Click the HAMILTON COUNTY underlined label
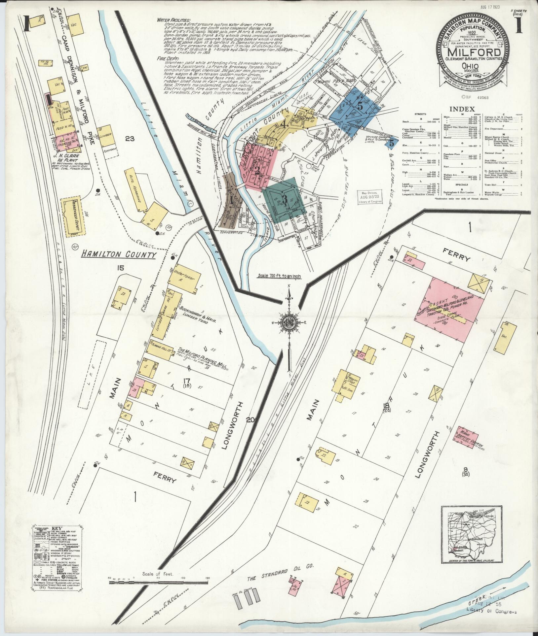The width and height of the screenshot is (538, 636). click(118, 254)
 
